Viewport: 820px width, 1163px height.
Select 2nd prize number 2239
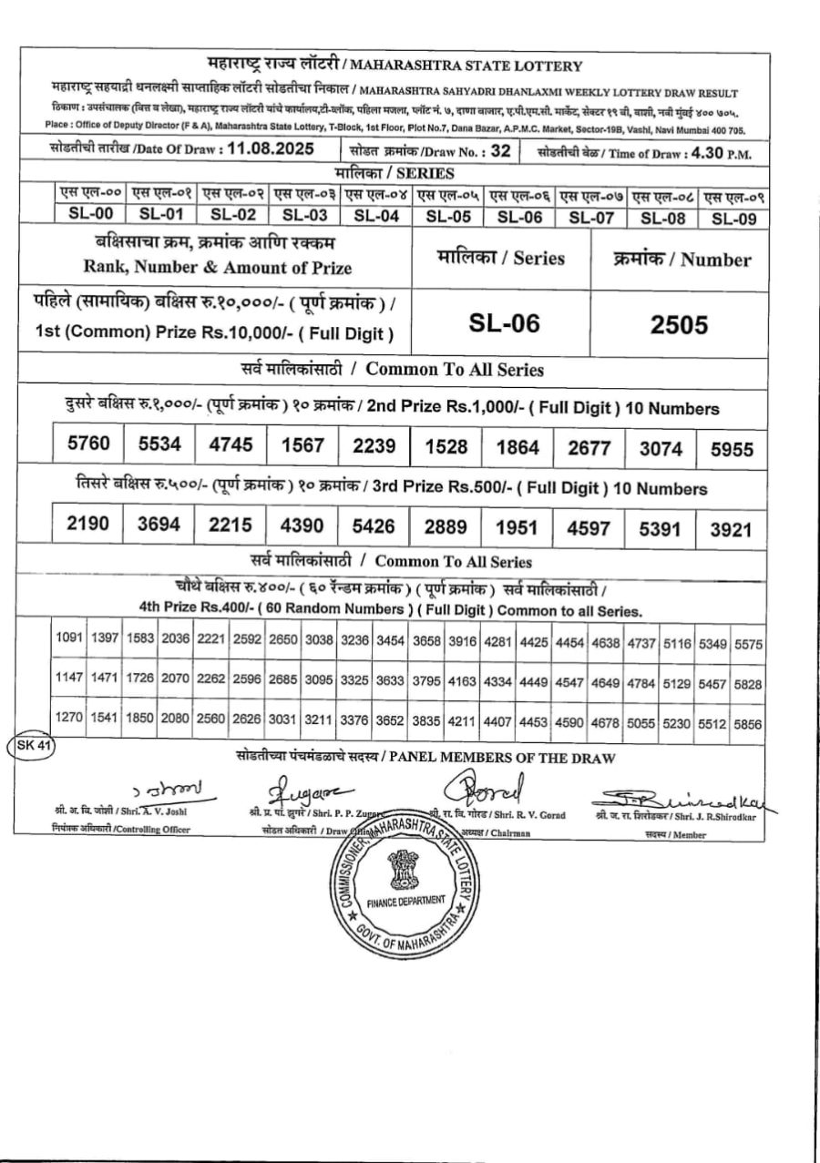pyautogui.click(x=374, y=446)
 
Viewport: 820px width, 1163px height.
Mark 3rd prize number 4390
pyautogui.click(x=302, y=526)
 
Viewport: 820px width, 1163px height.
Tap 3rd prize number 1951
pyautogui.click(x=518, y=528)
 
